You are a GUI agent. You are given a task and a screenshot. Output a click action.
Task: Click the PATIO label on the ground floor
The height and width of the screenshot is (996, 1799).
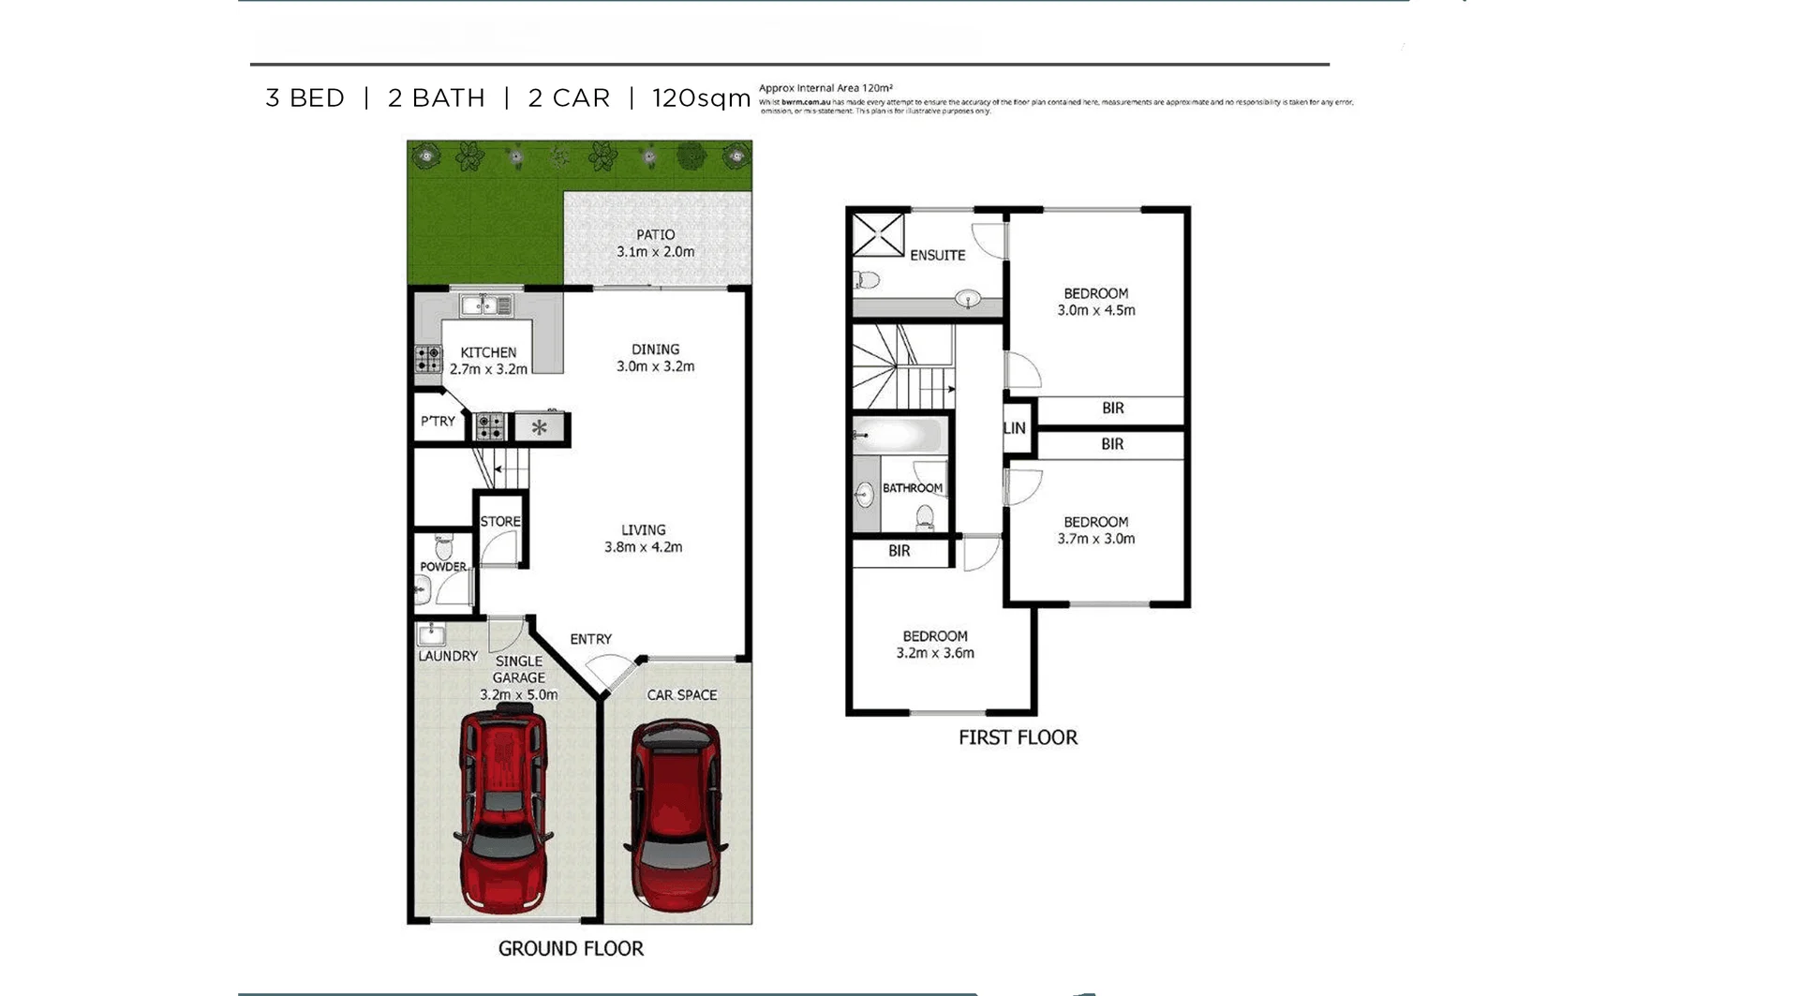pyautogui.click(x=655, y=234)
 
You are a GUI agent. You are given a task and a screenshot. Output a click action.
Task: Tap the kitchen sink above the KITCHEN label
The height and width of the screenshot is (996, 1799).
pyautogui.click(x=486, y=305)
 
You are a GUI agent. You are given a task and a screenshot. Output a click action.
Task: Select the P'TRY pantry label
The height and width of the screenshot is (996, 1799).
pyautogui.click(x=438, y=422)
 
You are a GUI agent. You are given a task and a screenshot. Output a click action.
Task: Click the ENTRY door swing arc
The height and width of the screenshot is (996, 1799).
pyautogui.click(x=603, y=673)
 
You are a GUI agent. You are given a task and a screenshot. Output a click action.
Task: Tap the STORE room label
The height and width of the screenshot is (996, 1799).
pyautogui.click(x=500, y=522)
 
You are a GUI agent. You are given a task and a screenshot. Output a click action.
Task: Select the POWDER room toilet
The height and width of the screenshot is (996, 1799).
pyautogui.click(x=443, y=546)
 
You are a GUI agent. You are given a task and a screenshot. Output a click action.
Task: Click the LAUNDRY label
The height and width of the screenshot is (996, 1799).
pyautogui.click(x=448, y=656)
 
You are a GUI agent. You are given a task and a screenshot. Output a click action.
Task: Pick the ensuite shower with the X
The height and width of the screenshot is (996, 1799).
pyautogui.click(x=878, y=234)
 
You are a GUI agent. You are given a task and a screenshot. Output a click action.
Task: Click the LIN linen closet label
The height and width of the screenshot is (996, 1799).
pyautogui.click(x=1015, y=428)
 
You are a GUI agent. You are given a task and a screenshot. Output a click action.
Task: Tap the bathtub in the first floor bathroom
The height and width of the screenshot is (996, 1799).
pyautogui.click(x=899, y=436)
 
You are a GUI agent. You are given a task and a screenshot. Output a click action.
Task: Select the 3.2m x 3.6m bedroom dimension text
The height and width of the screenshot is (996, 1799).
pyautogui.click(x=935, y=653)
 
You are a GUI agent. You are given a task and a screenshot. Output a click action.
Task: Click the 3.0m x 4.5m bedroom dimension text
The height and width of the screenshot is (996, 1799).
pyautogui.click(x=1096, y=310)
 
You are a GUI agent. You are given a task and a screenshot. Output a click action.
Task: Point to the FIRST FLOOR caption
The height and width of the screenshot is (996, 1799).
pyautogui.click(x=1018, y=737)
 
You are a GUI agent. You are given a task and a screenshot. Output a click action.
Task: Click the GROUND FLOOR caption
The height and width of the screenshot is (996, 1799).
pyautogui.click(x=571, y=948)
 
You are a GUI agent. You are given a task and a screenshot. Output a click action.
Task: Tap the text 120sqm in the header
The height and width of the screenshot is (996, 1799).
pyautogui.click(x=701, y=98)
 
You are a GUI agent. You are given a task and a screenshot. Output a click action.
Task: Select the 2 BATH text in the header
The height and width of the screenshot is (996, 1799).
pyautogui.click(x=437, y=98)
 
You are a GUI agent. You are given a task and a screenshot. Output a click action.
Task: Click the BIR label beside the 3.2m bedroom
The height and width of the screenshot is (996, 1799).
pyautogui.click(x=899, y=551)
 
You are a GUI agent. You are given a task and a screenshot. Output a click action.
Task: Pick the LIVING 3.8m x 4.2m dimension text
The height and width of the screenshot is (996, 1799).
pyautogui.click(x=644, y=547)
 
